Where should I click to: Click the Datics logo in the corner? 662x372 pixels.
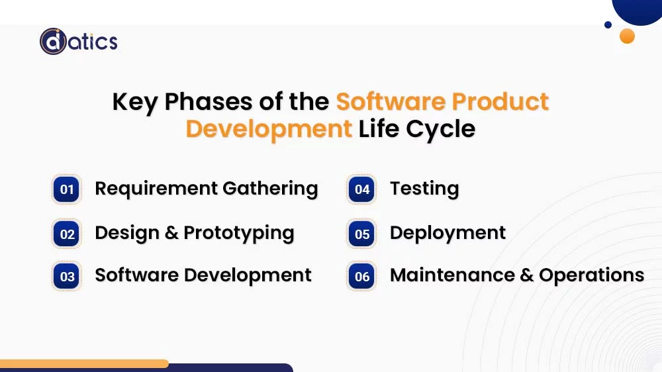tap(78, 42)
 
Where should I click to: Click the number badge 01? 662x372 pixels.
tap(67, 190)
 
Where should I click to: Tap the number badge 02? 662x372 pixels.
tap(67, 234)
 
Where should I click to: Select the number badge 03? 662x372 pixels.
tap(67, 277)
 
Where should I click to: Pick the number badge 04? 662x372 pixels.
tap(362, 190)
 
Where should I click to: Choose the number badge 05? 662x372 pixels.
tap(362, 234)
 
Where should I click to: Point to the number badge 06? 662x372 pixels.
tap(362, 277)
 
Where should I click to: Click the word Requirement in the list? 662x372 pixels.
tap(156, 189)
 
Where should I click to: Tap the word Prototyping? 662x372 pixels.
tap(239, 234)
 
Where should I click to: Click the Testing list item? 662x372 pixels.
tap(424, 189)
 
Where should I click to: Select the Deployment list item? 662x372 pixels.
tap(448, 233)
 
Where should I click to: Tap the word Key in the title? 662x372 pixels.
tap(135, 102)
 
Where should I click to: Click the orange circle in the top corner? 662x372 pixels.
tap(627, 36)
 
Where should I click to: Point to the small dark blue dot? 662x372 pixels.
tap(608, 25)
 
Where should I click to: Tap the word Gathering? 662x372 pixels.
tap(270, 189)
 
